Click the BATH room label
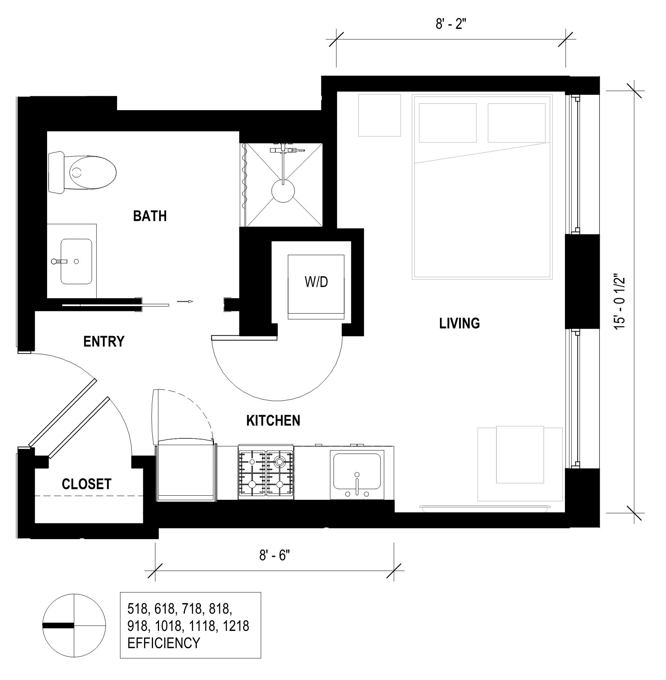(x=150, y=216)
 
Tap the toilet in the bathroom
(x=82, y=172)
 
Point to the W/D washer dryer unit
(x=316, y=287)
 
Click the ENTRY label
(x=104, y=342)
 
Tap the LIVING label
(x=459, y=323)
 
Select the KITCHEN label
(x=273, y=420)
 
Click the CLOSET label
(x=86, y=484)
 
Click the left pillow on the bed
(x=447, y=123)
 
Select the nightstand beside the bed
(x=379, y=115)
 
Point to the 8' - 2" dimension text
(x=451, y=25)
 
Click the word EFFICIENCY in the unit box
(x=164, y=643)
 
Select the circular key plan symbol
(x=74, y=625)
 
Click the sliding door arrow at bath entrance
(x=185, y=301)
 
